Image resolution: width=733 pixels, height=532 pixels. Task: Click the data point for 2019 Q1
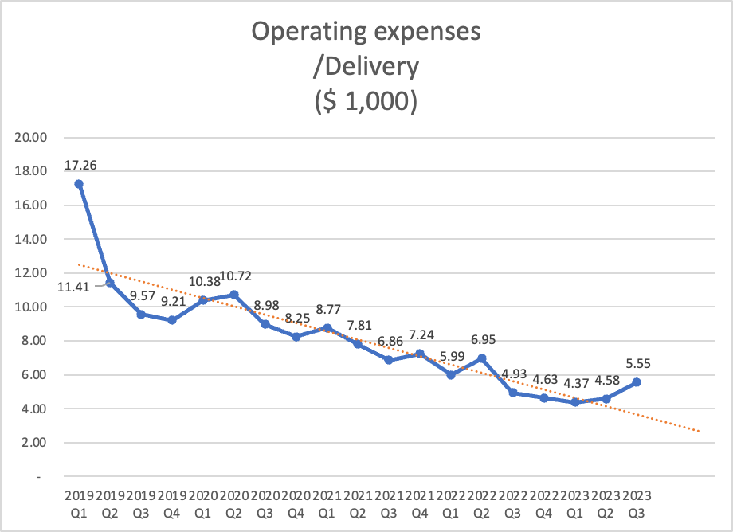78,184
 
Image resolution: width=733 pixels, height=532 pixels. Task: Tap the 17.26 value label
80,166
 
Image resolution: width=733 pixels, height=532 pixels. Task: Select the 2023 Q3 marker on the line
637,382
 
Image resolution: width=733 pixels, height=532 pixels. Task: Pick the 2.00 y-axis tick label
33,443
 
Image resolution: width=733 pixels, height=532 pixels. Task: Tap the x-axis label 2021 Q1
327,504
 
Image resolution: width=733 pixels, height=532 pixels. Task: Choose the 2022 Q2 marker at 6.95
482,358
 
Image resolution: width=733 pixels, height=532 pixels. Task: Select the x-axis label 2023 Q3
637,504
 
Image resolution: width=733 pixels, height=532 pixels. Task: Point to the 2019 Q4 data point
171,320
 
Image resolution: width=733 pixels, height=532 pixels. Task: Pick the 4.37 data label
576,384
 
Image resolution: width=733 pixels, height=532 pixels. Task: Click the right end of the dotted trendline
699,431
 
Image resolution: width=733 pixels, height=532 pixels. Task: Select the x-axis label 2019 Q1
78,504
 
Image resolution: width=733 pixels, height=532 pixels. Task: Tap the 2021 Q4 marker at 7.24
420,354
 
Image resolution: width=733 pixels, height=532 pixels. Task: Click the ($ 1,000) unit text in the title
366,103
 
